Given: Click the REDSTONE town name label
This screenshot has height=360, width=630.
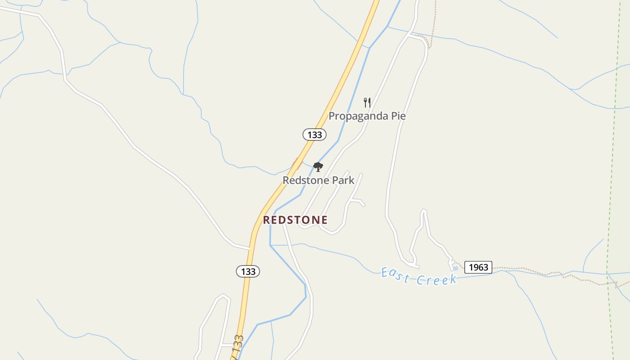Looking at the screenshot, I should click(295, 220).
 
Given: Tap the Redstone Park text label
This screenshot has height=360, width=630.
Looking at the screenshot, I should click(318, 180).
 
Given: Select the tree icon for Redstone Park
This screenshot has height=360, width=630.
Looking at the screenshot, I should click(318, 167).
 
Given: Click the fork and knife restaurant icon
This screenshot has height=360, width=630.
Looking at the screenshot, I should click(367, 103).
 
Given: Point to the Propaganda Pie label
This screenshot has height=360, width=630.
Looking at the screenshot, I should click(367, 116).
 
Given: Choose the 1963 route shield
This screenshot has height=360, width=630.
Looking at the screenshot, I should click(478, 267).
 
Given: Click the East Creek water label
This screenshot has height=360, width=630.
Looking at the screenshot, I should click(418, 276).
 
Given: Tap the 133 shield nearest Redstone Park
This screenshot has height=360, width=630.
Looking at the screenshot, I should click(314, 135).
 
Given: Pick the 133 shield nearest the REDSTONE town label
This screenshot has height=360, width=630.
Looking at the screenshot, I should click(248, 271).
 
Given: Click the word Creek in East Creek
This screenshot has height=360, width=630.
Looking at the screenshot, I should click(436, 279).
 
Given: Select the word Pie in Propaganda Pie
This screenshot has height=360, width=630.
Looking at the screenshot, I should click(398, 116).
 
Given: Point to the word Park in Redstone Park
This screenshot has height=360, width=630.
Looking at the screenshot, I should click(344, 180).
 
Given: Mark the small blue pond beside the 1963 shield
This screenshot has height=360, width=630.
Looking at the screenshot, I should click(455, 268).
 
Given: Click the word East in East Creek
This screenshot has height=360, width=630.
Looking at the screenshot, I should click(395, 274).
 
